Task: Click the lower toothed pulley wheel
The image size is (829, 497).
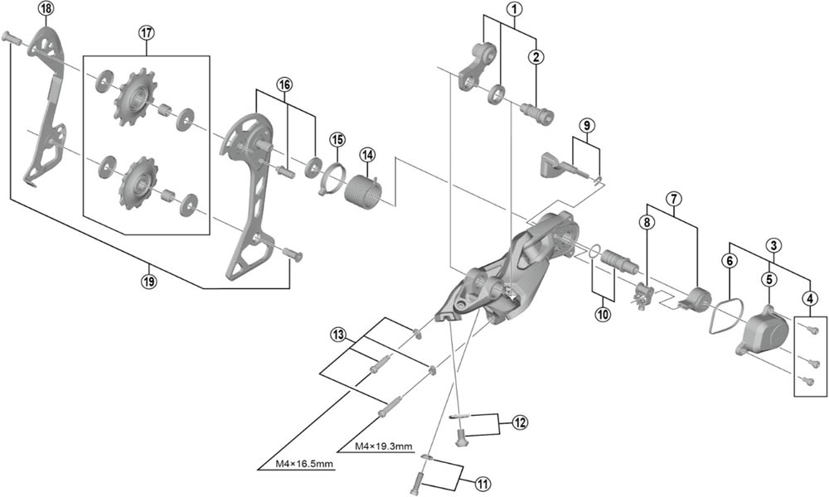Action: pos(133,180)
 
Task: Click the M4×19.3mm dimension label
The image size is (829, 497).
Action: pos(384,446)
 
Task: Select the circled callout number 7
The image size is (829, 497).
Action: pos(673,199)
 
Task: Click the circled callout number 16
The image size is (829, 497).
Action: pos(285,85)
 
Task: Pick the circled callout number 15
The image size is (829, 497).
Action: pos(337,138)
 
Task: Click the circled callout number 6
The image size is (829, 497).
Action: pos(730,260)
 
